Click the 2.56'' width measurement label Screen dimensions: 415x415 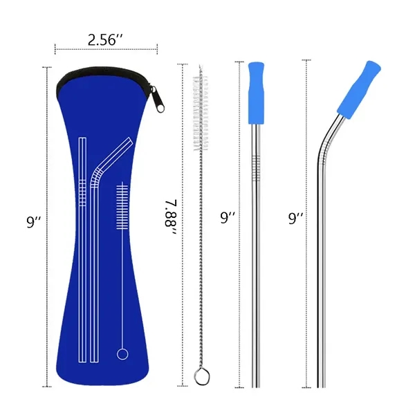pos(106,39)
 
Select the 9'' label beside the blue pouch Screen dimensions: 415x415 pos(33,222)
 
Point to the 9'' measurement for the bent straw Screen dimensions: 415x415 pos(296,219)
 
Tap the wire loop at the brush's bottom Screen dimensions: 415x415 pos(201,376)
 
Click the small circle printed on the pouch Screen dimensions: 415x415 pos(122,354)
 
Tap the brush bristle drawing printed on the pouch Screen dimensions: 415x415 pos(123,207)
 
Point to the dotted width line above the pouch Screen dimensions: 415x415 pos(106,50)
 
